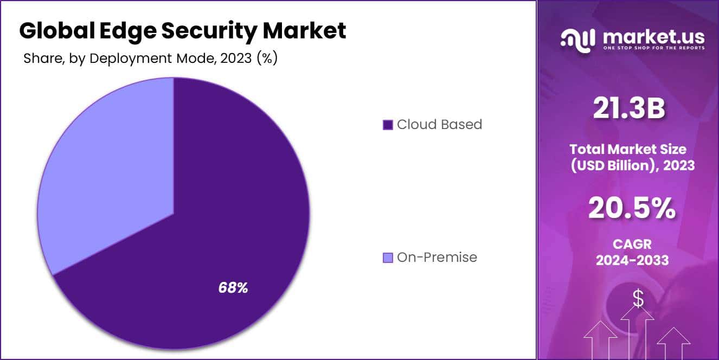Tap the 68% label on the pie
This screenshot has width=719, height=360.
point(233,288)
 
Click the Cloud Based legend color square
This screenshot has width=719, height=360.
point(388,125)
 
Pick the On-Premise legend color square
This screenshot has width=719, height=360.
point(388,258)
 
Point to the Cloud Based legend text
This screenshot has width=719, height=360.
point(439,125)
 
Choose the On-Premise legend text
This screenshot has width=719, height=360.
point(437,258)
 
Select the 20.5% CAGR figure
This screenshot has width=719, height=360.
point(632,208)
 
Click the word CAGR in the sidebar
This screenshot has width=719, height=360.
point(632,245)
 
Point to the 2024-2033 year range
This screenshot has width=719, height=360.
point(632,260)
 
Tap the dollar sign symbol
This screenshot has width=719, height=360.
point(638,298)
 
